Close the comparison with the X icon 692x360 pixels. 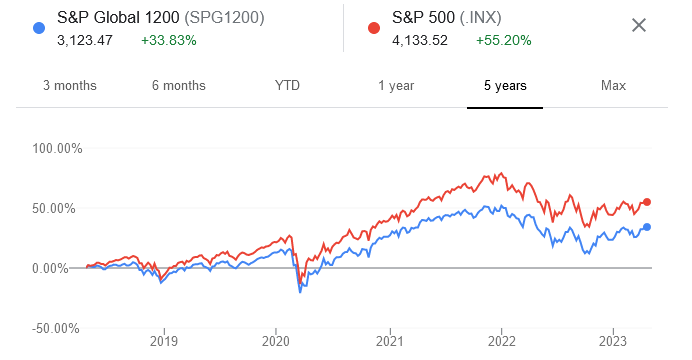point(639,24)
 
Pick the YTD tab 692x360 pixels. point(287,85)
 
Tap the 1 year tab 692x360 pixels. point(396,85)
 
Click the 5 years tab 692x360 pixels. point(505,85)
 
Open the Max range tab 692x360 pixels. point(613,85)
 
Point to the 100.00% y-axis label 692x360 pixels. point(57,149)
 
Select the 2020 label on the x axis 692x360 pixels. point(276,340)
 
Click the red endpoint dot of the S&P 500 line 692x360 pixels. point(647,202)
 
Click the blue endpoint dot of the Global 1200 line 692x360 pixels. point(647,227)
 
